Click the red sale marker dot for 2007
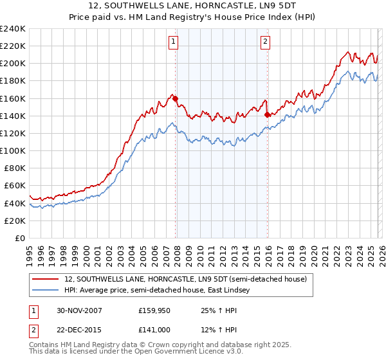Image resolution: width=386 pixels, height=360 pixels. click(x=176, y=98)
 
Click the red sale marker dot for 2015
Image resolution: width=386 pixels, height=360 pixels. click(x=267, y=114)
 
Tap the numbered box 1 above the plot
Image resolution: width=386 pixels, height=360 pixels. click(x=174, y=42)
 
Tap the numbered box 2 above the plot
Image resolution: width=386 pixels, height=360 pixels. click(x=265, y=42)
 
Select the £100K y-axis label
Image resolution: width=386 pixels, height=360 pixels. click(x=12, y=150)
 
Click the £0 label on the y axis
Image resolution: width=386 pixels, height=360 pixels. click(x=19, y=238)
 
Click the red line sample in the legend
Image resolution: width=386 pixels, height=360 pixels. click(x=46, y=279)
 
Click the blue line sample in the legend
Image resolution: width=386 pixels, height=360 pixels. click(x=46, y=291)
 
